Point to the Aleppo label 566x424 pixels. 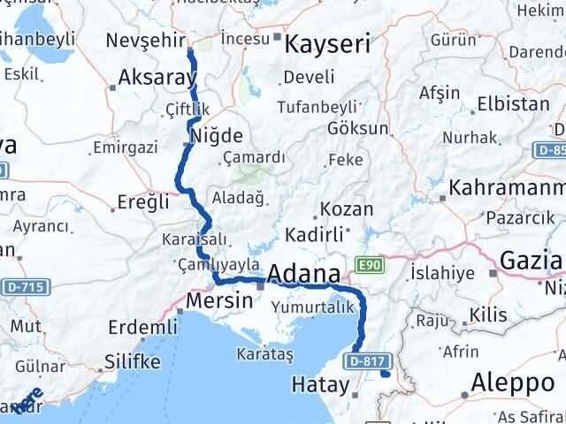coord(512,382)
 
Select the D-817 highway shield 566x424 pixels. coord(366,360)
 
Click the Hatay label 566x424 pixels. coord(320,384)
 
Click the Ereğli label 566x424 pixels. coord(143,201)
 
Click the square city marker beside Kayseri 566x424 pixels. coord(277,37)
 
